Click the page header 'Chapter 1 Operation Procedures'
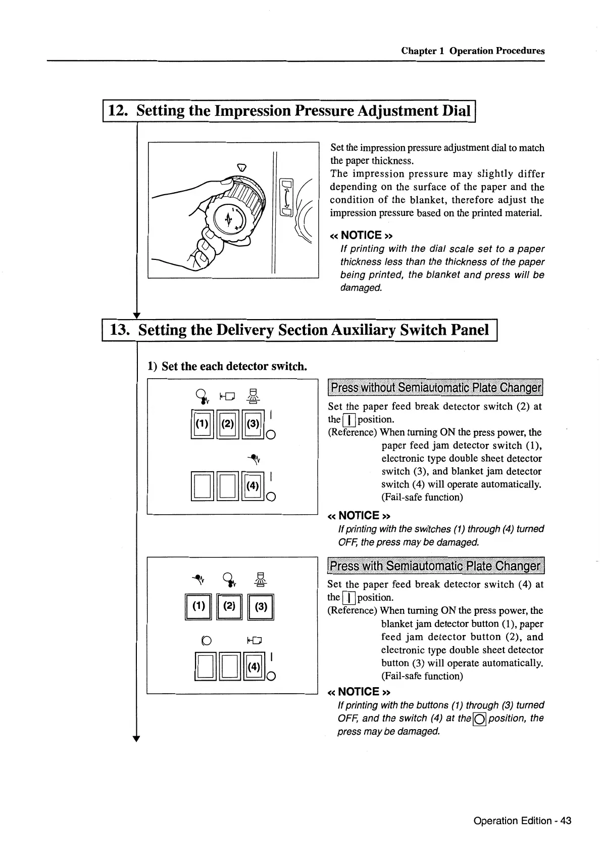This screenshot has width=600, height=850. [473, 51]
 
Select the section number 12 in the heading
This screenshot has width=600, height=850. [117, 111]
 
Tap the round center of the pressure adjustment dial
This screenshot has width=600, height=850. [230, 220]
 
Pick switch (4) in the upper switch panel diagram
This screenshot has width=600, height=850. [253, 486]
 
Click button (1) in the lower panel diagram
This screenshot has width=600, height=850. [199, 606]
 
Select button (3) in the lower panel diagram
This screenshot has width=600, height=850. [260, 606]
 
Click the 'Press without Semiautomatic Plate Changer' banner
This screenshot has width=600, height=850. [435, 388]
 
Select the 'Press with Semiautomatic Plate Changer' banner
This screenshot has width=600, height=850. [435, 566]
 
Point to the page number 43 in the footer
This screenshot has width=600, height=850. [565, 820]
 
